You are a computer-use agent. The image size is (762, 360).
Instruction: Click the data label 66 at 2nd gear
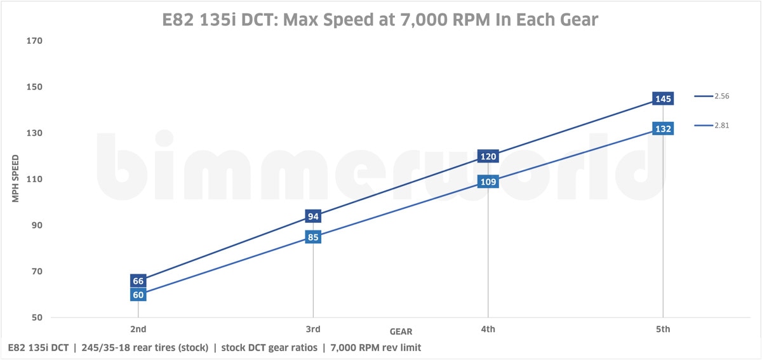click(138, 281)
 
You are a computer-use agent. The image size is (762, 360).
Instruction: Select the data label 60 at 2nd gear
click(138, 295)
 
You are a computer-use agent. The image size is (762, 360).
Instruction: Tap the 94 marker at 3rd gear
click(313, 217)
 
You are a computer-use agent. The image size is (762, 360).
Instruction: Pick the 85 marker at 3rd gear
click(313, 237)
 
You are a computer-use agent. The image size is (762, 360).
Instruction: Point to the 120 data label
click(488, 156)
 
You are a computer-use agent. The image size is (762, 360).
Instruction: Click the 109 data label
click(488, 182)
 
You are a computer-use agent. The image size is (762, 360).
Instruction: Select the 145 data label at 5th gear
click(664, 98)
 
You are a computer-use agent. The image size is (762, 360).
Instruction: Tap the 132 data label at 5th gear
click(664, 129)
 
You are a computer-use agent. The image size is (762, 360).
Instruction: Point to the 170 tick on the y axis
click(34, 41)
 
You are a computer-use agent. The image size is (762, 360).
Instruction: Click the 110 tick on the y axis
click(34, 179)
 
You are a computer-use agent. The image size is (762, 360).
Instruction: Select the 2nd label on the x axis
click(138, 329)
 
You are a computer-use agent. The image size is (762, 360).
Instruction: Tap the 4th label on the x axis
click(488, 329)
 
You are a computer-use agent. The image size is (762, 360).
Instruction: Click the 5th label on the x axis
click(664, 329)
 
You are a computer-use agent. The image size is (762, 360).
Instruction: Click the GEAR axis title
click(401, 331)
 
